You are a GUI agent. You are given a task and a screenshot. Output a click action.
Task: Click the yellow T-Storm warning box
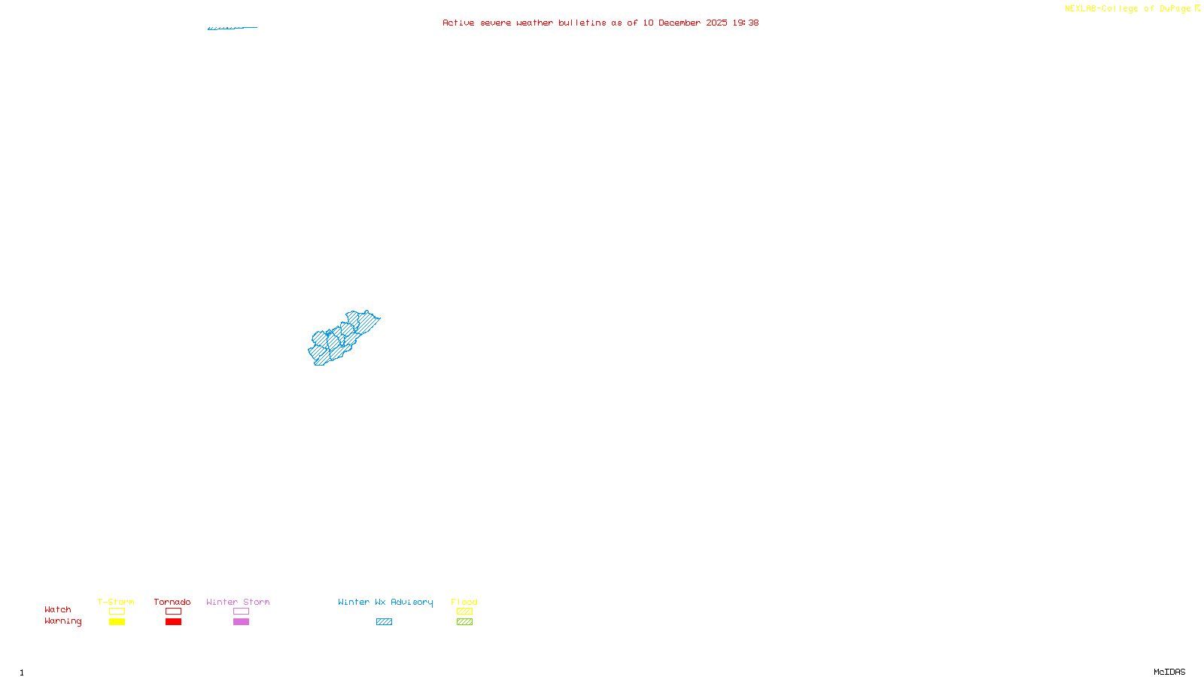pos(117,622)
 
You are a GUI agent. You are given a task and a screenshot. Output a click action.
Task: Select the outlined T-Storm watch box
pos(117,612)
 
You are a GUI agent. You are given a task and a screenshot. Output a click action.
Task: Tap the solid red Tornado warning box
pos(173,622)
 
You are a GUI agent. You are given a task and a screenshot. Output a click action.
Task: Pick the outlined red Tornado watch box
pos(173,612)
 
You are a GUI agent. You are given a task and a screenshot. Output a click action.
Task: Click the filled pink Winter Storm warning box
pos(241,622)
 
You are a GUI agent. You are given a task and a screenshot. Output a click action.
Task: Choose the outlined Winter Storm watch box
pos(241,612)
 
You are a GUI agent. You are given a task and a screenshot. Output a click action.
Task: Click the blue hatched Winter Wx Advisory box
pos(384,622)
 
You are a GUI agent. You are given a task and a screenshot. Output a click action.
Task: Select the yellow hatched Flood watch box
pos(464,612)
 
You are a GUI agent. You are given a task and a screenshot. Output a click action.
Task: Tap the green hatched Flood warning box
pos(464,622)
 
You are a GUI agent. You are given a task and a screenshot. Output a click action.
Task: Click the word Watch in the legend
pos(58,610)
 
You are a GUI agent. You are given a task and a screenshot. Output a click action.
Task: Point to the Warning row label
pos(62,621)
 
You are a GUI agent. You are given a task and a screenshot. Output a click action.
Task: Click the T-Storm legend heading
pos(116,602)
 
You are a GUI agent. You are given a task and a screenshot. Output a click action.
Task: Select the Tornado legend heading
pos(172,602)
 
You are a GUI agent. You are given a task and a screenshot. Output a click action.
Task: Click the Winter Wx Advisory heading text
pos(385,602)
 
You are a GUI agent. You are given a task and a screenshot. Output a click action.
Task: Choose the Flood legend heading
pos(464,602)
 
